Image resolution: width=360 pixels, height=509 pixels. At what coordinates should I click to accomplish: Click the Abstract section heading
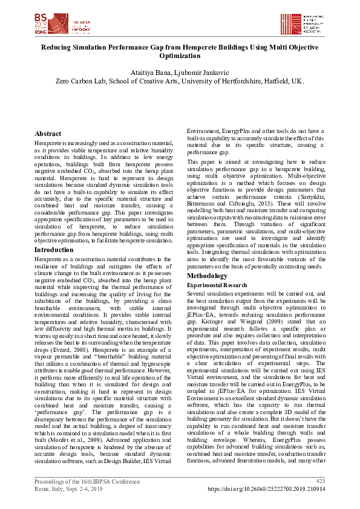tap(48, 134)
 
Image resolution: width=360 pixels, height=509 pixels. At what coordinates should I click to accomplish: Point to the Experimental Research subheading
tap(216, 284)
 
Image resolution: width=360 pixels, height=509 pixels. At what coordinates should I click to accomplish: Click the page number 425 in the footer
tap(321, 481)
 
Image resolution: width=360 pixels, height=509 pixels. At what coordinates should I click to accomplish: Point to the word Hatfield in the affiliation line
tap(274, 81)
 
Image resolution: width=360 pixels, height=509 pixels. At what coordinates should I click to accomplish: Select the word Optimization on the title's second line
tap(180, 56)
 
